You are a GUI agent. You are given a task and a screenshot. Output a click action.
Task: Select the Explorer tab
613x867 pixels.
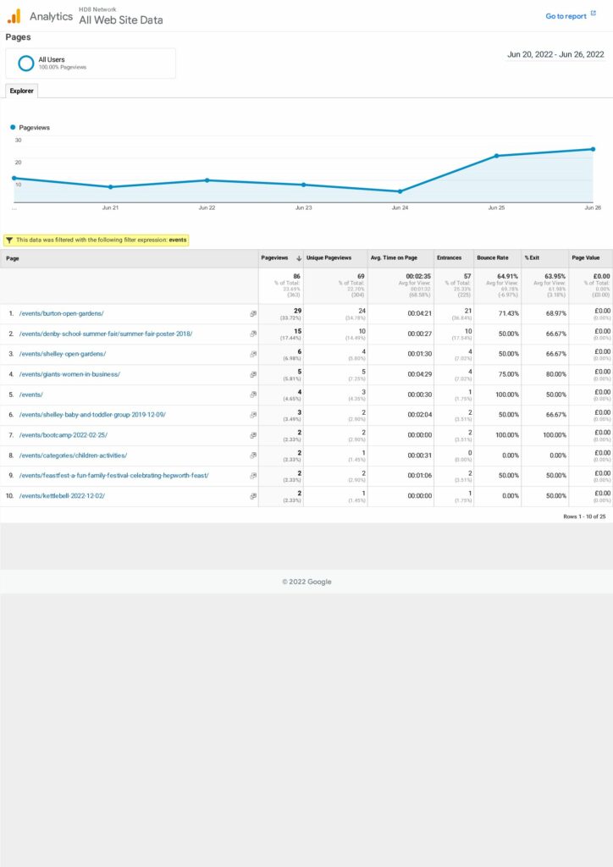point(21,91)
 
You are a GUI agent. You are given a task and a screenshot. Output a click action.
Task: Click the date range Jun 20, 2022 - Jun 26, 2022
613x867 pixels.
point(555,54)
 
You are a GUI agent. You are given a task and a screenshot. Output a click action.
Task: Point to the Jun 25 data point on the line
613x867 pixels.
point(497,156)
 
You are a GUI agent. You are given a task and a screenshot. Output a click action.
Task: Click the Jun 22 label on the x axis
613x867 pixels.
point(207,207)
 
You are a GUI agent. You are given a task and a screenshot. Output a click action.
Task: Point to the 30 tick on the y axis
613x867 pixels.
point(18,141)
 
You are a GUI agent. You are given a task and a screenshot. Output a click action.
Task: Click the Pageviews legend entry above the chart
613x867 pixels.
point(34,127)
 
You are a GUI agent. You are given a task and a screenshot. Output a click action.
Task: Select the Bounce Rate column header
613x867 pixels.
point(493,258)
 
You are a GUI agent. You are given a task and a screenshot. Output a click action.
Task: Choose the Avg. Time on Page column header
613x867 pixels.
point(394,258)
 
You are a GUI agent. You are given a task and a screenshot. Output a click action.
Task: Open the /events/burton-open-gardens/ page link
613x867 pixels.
point(61,313)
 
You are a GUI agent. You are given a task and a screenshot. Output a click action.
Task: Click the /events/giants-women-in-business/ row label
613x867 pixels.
point(69,374)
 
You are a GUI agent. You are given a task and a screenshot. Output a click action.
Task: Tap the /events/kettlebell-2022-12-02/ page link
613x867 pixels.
point(62,496)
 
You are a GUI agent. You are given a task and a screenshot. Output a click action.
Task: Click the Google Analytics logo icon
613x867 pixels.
point(14,15)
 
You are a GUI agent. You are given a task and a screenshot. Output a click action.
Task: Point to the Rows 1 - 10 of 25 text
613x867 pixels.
point(584,516)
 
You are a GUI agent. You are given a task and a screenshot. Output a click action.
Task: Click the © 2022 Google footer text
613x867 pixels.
point(306,582)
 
